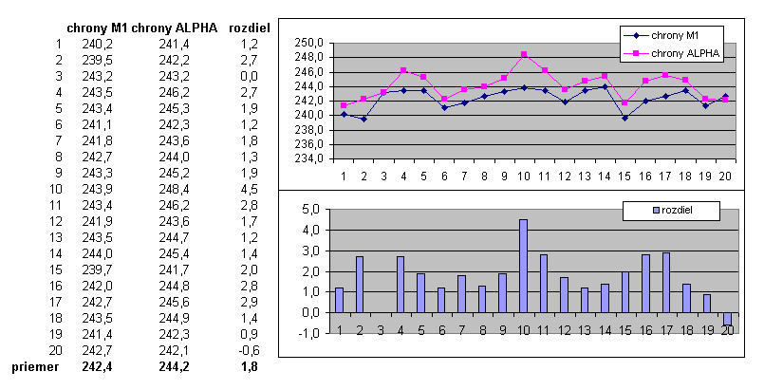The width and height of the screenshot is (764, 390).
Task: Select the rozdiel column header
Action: coord(250,28)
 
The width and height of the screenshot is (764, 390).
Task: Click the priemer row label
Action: coord(34,365)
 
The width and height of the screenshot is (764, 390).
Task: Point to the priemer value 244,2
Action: coord(175,365)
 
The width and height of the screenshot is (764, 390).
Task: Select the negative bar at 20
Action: coord(728,319)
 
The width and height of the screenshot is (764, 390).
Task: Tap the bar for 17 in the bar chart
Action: coord(666,282)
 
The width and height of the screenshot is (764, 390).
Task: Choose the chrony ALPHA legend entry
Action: coord(681,54)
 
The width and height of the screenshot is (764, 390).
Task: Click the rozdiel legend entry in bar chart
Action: coord(675,209)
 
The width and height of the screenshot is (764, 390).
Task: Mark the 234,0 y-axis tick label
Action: coord(310,158)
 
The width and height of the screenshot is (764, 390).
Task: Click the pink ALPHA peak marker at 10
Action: coord(523,54)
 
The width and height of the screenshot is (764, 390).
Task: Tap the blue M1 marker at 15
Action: coord(625,118)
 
